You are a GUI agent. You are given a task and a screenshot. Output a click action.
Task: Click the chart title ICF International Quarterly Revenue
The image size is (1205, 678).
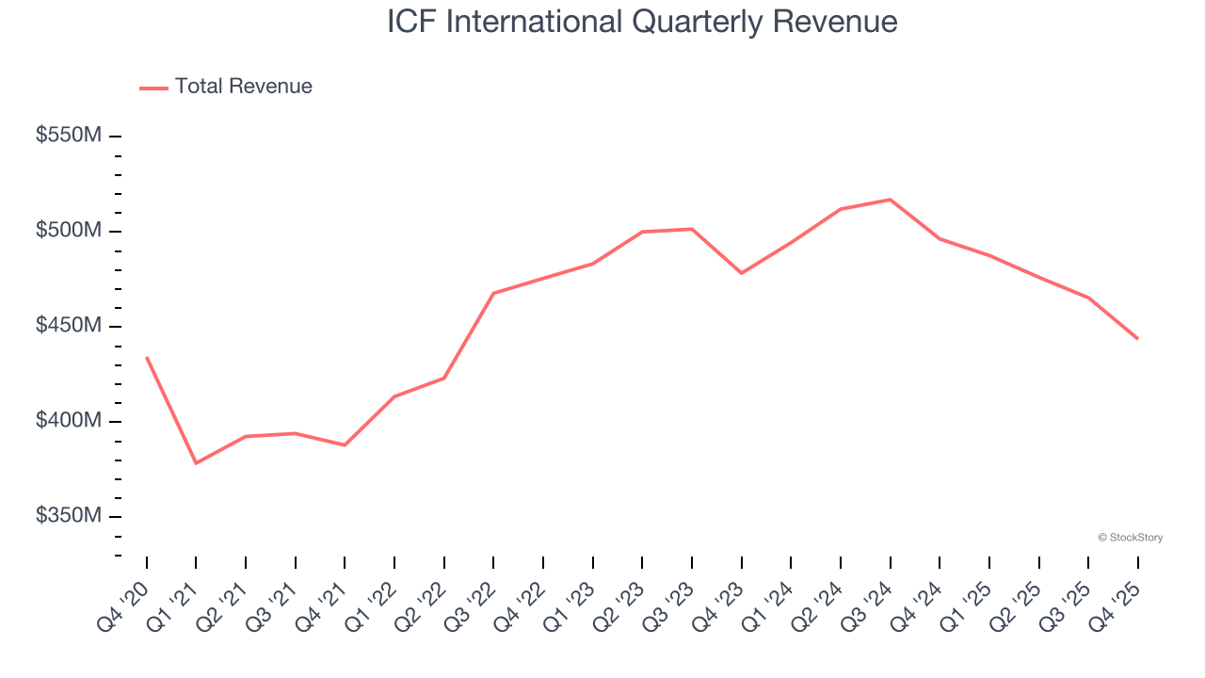click(642, 22)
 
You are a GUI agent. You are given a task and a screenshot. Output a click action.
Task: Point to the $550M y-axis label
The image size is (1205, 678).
click(68, 136)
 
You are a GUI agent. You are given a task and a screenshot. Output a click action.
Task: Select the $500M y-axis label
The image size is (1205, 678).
click(68, 231)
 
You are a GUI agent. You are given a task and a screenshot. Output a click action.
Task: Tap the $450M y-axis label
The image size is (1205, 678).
click(68, 326)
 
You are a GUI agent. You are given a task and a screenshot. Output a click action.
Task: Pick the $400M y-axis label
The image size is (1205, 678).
click(68, 421)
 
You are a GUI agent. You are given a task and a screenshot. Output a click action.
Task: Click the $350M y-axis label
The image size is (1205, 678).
click(68, 516)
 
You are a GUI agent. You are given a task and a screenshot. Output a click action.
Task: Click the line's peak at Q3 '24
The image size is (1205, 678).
click(891, 200)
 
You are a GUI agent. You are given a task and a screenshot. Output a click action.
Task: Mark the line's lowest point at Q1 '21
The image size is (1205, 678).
click(196, 463)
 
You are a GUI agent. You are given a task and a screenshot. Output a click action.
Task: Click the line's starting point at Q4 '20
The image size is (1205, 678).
click(147, 357)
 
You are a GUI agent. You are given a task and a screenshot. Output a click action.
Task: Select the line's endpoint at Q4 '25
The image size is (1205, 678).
click(1138, 339)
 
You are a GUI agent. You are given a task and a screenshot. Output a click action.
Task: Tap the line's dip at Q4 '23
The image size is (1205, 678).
click(742, 273)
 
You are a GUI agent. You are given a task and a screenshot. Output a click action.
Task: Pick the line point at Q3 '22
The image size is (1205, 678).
click(493, 293)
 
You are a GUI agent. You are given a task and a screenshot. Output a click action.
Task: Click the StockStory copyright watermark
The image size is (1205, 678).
click(1131, 538)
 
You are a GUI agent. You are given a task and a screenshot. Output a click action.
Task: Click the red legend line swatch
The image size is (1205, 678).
click(153, 88)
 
